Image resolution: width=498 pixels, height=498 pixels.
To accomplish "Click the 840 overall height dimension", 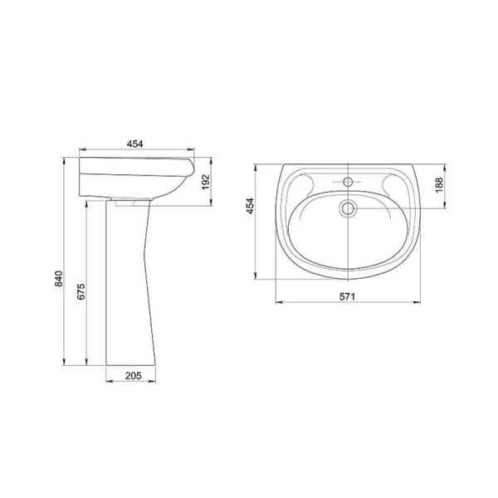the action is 59,279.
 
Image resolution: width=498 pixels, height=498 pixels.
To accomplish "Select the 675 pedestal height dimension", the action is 81,291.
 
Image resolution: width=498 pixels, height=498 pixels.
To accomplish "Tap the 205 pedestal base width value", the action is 133,376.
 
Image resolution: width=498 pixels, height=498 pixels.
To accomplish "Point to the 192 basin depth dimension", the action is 206,182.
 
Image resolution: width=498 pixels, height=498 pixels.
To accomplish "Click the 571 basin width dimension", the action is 347,296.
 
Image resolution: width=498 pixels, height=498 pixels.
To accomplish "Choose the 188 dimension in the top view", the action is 439,185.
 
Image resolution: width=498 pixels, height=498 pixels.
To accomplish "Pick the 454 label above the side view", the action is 135,144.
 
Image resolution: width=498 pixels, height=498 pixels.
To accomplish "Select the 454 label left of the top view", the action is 251,206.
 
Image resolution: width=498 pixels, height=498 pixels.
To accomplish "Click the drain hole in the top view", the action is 349,208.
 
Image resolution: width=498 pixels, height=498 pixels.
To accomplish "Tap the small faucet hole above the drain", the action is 349,182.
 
